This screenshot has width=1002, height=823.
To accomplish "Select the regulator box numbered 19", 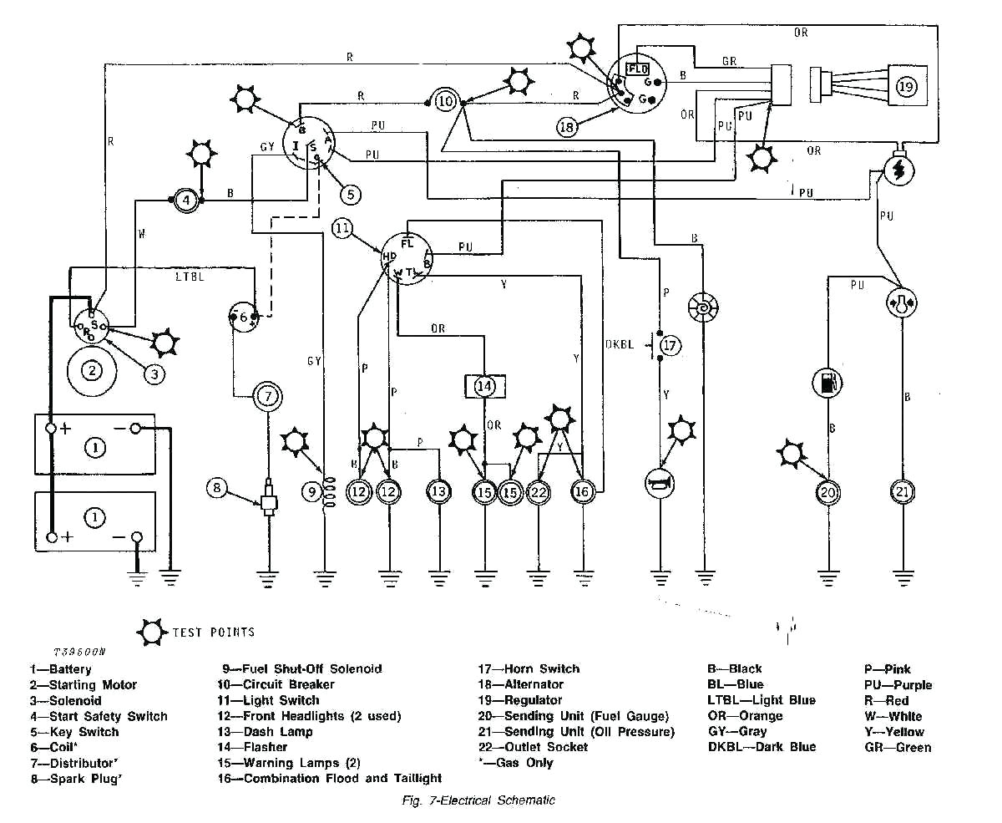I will [907, 86].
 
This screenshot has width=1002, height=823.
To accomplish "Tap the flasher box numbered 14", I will [485, 386].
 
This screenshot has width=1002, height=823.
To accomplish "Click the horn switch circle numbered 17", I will [670, 345].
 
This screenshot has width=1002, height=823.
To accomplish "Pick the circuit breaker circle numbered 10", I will [447, 100].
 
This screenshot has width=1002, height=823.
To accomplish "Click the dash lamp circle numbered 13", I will [438, 492].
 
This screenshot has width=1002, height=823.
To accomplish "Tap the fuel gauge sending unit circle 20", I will [827, 492].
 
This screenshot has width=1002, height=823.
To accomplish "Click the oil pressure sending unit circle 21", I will [902, 492].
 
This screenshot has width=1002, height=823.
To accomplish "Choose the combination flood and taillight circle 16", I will [582, 492].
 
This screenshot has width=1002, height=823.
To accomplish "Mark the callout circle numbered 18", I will [568, 127].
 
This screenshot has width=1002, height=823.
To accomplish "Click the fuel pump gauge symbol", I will [827, 384].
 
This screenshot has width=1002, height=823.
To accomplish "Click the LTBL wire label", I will [190, 275].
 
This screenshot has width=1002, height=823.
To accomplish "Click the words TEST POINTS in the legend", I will [213, 632].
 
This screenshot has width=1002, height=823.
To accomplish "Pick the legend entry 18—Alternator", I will [521, 684].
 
